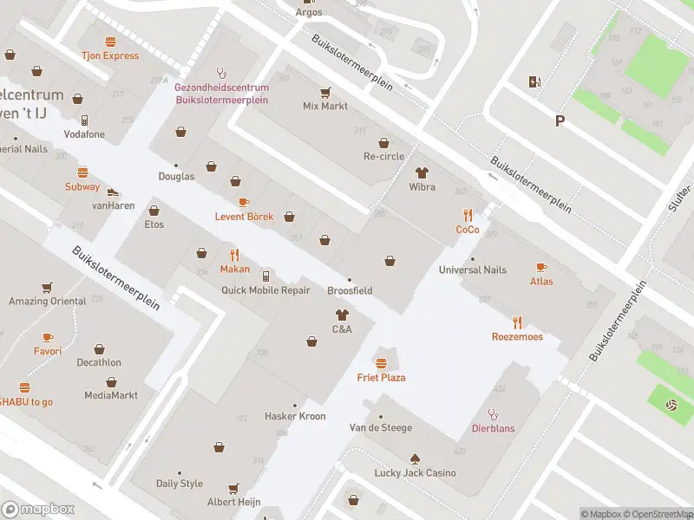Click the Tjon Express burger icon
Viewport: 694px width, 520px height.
pos(110,42)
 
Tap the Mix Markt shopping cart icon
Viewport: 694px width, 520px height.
pos(325,92)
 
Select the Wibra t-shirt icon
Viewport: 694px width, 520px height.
pos(422,172)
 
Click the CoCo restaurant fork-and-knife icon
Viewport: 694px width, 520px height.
pos(468,215)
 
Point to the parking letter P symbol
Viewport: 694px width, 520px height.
pos(560,121)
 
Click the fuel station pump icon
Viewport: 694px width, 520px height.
pos(534,82)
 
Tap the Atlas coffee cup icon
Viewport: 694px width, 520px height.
pos(541,267)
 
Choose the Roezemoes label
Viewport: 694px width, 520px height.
pos(517,336)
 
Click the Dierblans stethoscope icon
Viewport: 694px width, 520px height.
pos(493,414)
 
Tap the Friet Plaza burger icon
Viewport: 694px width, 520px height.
pos(381,362)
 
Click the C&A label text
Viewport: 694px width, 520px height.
pos(342,329)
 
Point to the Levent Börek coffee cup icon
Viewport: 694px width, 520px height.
pos(244,202)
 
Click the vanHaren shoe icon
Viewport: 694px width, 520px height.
pos(112,192)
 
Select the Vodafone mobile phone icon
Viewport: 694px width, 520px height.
pos(84,120)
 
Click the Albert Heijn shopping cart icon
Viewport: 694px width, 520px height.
pos(232,489)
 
